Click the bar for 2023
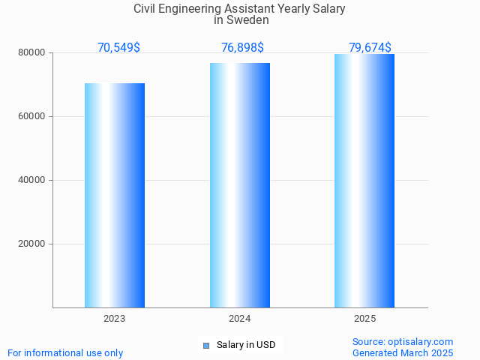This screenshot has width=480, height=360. point(115,195)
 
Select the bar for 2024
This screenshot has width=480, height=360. point(240,185)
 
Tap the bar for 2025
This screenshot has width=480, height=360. point(364,181)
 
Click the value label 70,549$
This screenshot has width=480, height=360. point(118,48)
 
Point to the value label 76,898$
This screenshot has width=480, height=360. point(242,48)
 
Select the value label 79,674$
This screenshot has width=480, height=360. point(370,48)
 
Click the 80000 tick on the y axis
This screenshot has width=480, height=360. point(32,53)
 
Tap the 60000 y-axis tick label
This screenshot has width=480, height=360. point(32,117)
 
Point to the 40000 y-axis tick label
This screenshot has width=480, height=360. point(32,181)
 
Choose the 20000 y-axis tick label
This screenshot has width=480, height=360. point(32,244)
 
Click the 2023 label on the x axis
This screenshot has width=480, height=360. point(115,319)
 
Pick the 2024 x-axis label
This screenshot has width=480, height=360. point(240,319)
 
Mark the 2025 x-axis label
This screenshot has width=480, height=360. point(364,319)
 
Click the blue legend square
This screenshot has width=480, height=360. point(206,346)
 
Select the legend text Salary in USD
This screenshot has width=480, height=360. point(246,346)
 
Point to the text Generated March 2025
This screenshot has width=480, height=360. point(403,353)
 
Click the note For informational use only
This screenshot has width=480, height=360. point(65,353)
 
